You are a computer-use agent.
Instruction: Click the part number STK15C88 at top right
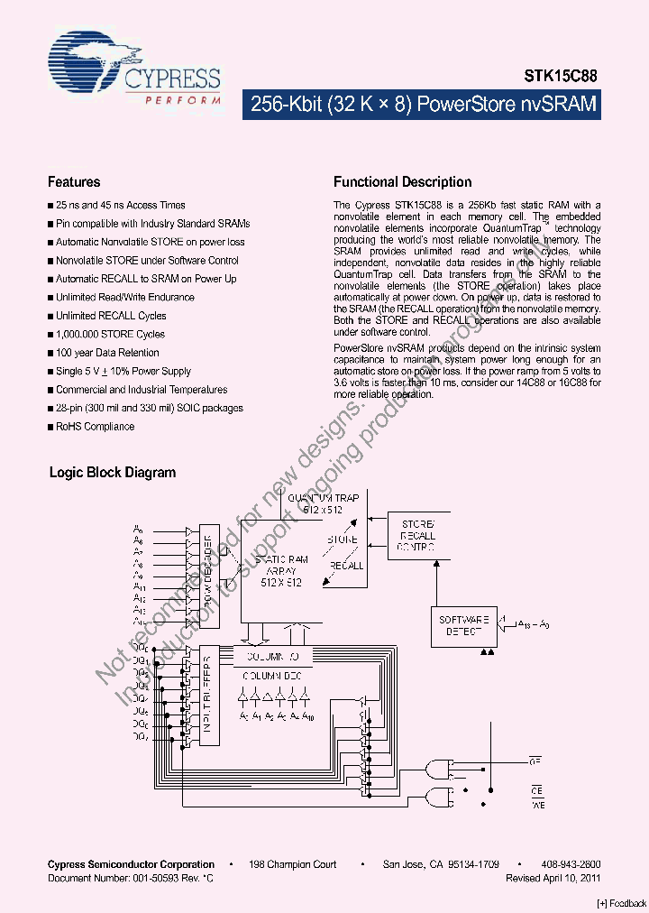tap(561, 78)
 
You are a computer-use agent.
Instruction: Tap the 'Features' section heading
tap(74, 182)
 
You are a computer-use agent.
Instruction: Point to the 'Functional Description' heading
tap(402, 182)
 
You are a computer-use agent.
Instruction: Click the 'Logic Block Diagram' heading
tap(113, 473)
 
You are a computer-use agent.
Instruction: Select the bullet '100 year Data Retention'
tap(107, 353)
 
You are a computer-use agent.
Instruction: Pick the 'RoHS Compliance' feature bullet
tap(95, 427)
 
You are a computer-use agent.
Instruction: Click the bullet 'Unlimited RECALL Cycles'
tap(111, 316)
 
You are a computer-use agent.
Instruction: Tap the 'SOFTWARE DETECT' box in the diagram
tap(463, 625)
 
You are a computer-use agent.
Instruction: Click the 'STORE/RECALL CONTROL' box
tap(417, 535)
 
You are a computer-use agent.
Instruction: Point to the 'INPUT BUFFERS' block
tap(209, 695)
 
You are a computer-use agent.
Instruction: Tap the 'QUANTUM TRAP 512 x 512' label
tap(323, 503)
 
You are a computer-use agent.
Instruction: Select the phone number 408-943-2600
tap(571, 864)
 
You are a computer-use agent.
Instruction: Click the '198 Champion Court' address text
tap(293, 864)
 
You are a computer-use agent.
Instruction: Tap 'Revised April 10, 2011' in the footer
tap(553, 878)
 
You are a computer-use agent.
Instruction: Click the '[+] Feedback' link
tap(622, 903)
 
